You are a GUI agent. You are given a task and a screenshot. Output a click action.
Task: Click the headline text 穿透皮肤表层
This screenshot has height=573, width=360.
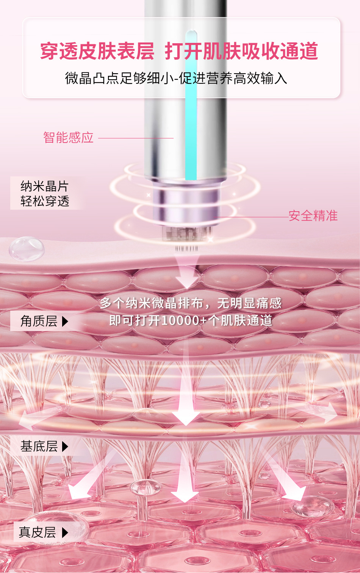(97, 52)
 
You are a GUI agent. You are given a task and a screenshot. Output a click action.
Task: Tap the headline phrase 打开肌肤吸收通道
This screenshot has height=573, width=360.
(241, 52)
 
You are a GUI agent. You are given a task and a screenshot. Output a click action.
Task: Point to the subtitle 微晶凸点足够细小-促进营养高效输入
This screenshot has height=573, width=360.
(176, 78)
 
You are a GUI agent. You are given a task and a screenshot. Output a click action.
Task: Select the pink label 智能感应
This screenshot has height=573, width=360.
(68, 137)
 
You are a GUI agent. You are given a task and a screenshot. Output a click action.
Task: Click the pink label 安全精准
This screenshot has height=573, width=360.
(313, 216)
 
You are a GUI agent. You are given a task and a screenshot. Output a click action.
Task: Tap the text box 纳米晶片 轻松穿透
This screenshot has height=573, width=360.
(45, 193)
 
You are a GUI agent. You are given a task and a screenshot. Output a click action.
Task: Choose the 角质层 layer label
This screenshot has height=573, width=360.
(39, 321)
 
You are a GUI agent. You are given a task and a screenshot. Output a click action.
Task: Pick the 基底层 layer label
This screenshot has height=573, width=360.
(39, 446)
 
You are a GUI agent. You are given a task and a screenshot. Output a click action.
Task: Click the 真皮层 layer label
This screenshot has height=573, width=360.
(38, 532)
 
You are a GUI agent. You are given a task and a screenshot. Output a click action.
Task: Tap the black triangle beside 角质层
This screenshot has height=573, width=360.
(65, 322)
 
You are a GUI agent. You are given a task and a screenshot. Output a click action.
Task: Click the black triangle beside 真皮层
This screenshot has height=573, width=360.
(65, 532)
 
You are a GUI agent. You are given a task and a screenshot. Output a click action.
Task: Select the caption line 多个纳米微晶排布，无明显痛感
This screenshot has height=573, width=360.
(191, 303)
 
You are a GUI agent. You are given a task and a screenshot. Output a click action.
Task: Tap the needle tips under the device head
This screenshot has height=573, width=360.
(186, 248)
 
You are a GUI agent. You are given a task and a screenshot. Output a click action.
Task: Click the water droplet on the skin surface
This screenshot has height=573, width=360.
(27, 249)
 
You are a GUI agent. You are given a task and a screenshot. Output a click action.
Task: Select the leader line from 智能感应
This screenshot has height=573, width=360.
(136, 138)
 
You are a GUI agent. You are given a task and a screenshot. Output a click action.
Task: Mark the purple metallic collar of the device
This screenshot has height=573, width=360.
(186, 201)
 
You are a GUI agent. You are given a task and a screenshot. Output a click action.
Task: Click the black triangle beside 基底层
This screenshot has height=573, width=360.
(65, 446)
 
